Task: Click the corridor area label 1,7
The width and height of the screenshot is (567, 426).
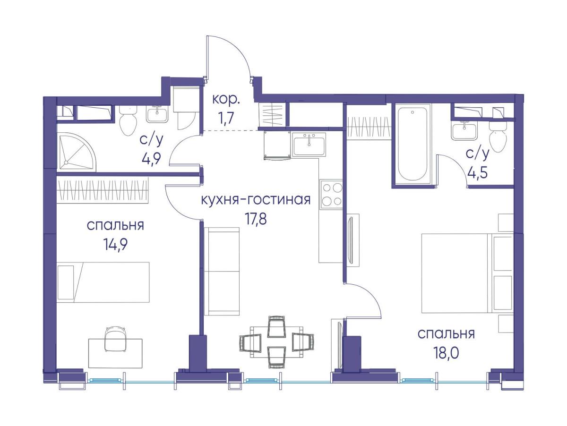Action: pos(225,118)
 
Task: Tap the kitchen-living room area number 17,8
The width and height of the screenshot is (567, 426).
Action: pos(255,220)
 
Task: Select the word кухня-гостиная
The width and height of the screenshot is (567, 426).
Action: pos(256,200)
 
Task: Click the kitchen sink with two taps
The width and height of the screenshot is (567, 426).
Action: pos(309,144)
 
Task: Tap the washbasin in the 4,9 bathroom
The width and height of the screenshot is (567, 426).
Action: pos(157,114)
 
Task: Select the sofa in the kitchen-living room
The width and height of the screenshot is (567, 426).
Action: pos(222,271)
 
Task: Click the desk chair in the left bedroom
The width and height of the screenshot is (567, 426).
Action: pos(116,338)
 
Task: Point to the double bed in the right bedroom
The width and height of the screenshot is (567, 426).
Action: pos(467,273)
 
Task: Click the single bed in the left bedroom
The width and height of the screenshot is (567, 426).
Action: pos(103,282)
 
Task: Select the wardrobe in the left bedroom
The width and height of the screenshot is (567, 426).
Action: pos(103,190)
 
